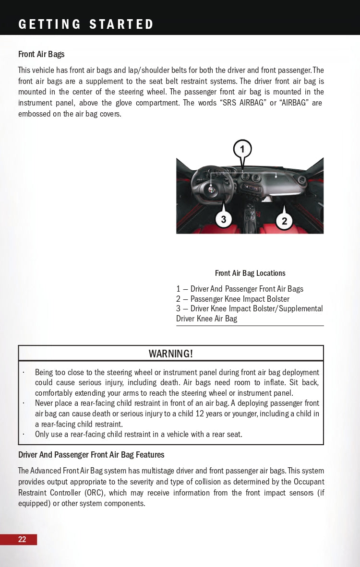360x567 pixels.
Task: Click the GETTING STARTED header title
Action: pyautogui.click(x=86, y=24)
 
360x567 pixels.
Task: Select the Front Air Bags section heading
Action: pyautogui.click(x=41, y=54)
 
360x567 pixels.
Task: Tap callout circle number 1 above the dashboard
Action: pyautogui.click(x=242, y=149)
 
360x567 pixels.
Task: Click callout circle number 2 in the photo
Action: pyautogui.click(x=284, y=221)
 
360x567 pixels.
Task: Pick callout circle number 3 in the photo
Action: pyautogui.click(x=223, y=220)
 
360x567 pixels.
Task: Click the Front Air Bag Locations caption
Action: pyautogui.click(x=250, y=273)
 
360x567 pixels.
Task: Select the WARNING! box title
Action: pyautogui.click(x=171, y=354)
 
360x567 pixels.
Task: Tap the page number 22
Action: pyautogui.click(x=22, y=540)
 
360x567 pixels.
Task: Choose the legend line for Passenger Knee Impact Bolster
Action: pyautogui.click(x=233, y=299)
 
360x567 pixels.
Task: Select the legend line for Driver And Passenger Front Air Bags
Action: pyautogui.click(x=240, y=289)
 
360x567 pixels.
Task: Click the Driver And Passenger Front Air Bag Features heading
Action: pyautogui.click(x=91, y=455)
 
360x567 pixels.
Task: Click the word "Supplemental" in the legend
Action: pyautogui.click(x=300, y=308)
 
